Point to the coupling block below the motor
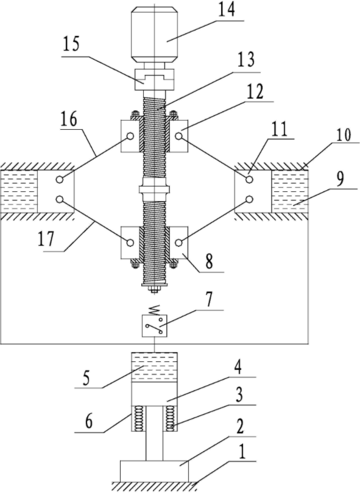coord(154,80)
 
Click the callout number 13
coord(246,61)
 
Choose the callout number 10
coord(343,135)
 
